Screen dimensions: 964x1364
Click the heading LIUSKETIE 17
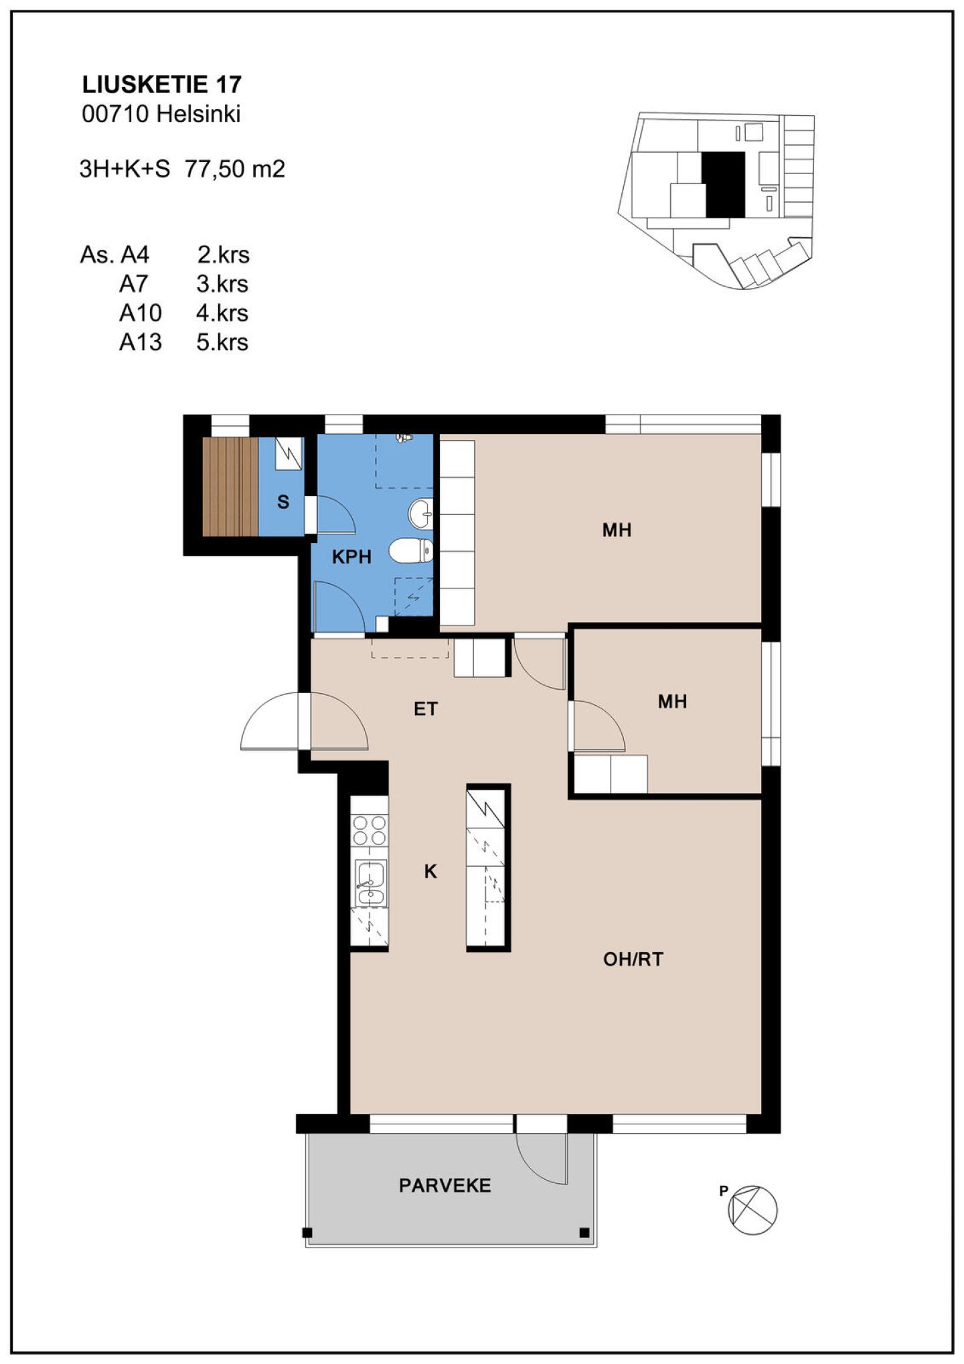[161, 84]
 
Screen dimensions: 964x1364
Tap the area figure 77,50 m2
[235, 169]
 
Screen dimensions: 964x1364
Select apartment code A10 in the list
[141, 313]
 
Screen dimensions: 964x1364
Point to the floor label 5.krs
[222, 342]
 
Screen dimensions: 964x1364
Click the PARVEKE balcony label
[445, 1186]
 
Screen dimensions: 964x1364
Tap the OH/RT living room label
[633, 960]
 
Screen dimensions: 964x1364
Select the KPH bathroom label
[351, 556]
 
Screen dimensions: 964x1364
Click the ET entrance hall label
[426, 708]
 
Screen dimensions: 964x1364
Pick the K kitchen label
[430, 871]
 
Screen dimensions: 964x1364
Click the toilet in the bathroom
[410, 551]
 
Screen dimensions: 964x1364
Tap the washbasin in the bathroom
[420, 513]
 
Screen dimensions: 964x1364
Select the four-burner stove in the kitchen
[370, 830]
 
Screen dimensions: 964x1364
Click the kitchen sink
[370, 883]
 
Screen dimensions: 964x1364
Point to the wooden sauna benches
[230, 487]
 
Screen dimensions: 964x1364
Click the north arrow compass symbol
[752, 1210]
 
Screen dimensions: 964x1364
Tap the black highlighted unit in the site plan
[725, 184]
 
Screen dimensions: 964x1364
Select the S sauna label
[283, 502]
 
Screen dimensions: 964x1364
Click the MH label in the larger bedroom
[617, 530]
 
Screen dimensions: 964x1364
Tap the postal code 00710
[115, 114]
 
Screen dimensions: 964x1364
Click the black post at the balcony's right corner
[584, 1233]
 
